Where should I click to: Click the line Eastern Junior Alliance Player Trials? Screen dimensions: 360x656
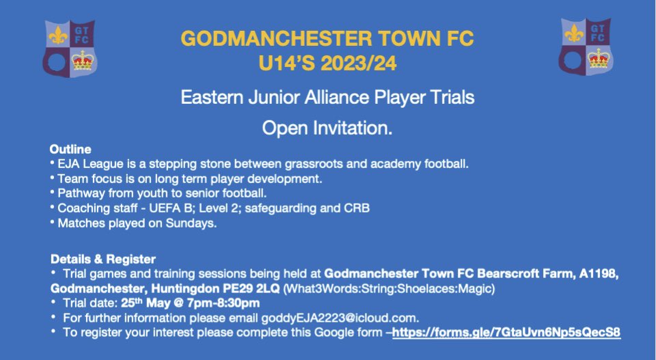coord(327,98)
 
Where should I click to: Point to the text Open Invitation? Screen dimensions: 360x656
coord(327,128)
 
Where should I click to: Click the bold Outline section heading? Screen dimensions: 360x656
coord(70,149)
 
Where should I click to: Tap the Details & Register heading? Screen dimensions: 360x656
coord(103,260)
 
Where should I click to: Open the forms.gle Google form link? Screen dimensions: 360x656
coord(507,331)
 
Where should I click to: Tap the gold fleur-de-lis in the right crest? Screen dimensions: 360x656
coord(573,32)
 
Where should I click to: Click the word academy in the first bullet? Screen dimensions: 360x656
coord(383,164)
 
